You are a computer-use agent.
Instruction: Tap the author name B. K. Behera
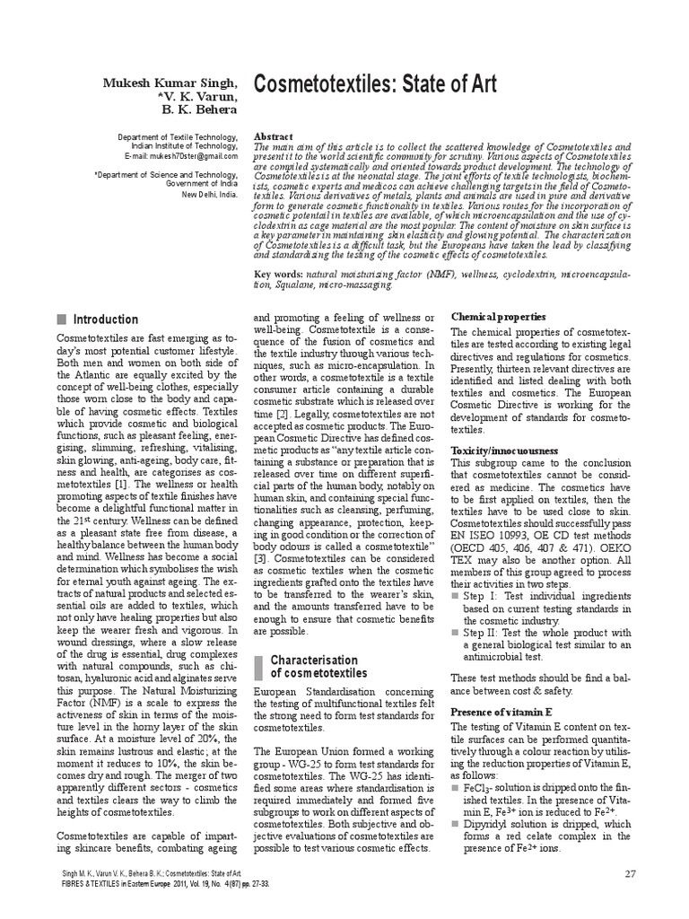click(199, 110)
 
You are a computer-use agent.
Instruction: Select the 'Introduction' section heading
click(105, 319)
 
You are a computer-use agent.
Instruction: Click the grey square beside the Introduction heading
click(62, 319)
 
